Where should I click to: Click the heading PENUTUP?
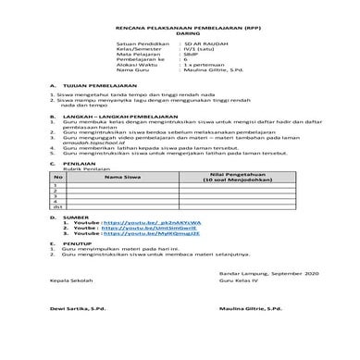pyautogui.click(x=73, y=244)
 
